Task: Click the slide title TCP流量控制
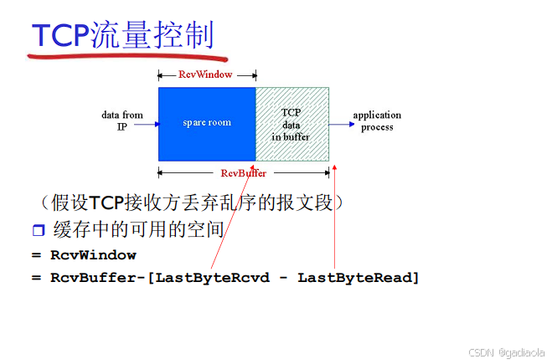[x=123, y=35]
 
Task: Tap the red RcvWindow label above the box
[x=205, y=74]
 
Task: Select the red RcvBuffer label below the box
[x=243, y=173]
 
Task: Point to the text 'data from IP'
[x=122, y=120]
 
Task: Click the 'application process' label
[x=377, y=120]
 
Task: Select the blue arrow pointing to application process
[x=342, y=124]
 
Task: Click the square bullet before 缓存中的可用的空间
[x=38, y=230]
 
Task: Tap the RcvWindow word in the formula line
[x=93, y=254]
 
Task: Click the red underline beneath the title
[x=126, y=59]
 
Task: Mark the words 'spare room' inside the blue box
[x=207, y=123]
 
